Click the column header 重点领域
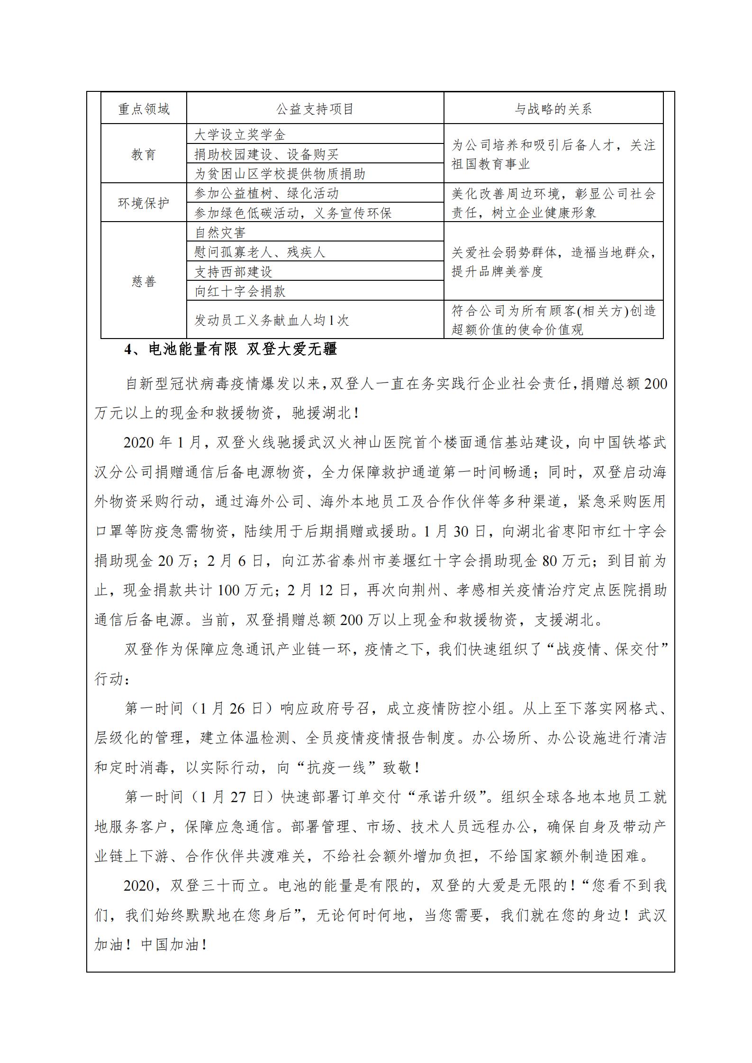tap(144, 109)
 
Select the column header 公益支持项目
tap(315, 109)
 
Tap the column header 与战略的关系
tap(553, 109)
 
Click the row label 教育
tap(144, 154)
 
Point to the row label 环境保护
tap(144, 203)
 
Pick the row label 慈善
tap(144, 281)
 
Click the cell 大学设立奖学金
tap(240, 135)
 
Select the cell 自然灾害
tap(220, 232)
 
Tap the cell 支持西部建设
tap(233, 272)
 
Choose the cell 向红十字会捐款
tap(240, 291)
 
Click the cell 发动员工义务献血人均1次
tap(272, 321)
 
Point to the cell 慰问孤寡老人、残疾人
tap(260, 252)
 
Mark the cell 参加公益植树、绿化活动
tap(266, 193)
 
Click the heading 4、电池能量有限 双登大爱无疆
tap(230, 349)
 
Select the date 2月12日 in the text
tap(319, 590)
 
